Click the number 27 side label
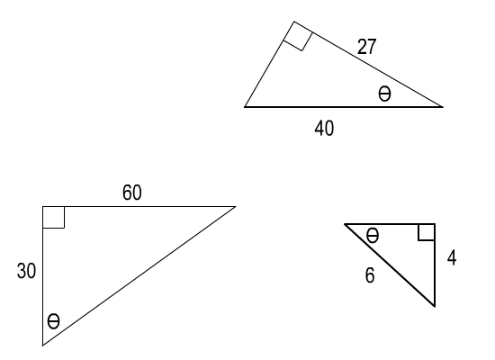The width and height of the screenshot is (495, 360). [367, 47]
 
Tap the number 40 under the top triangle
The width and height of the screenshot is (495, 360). [324, 128]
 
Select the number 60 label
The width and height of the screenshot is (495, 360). [132, 193]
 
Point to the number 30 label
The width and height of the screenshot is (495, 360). [26, 271]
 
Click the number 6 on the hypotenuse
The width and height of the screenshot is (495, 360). [370, 275]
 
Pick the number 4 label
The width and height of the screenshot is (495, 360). [452, 257]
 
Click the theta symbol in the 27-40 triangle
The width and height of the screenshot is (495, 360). [384, 94]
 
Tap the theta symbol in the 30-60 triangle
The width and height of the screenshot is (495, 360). [53, 321]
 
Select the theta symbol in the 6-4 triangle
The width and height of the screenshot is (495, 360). [373, 236]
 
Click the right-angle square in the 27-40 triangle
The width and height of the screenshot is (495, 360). [298, 36]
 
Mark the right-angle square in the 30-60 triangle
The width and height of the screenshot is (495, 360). [53, 217]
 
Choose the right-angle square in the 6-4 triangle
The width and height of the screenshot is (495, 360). [427, 232]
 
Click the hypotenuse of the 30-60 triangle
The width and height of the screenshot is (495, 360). [139, 276]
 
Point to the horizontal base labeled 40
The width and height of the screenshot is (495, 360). [344, 107]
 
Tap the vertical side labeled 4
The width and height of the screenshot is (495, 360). [435, 265]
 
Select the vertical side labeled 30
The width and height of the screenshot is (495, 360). [42, 276]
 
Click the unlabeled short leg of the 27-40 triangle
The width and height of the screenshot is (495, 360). [269, 65]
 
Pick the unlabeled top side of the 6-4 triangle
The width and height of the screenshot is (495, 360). [390, 224]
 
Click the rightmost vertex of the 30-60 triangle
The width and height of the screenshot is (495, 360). [236, 206]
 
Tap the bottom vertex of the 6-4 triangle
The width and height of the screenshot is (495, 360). [435, 306]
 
